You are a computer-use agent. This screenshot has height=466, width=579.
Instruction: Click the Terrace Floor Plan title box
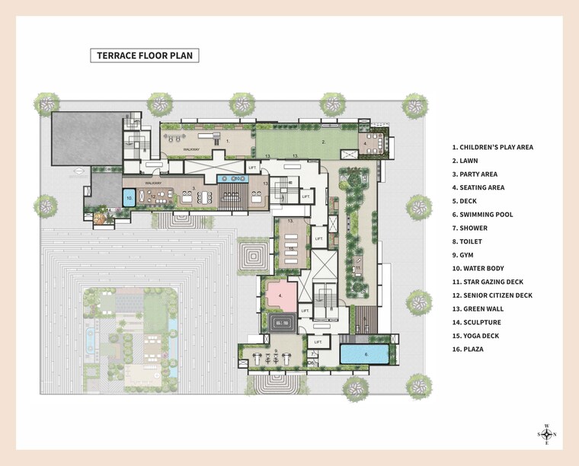(144, 56)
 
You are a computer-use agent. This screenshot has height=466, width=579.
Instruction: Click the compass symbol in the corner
(546, 433)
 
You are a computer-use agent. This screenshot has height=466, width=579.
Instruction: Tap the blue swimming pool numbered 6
(365, 354)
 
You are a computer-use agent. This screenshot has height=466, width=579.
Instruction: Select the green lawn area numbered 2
(305, 142)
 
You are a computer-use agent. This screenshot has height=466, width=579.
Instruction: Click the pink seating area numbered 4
(280, 295)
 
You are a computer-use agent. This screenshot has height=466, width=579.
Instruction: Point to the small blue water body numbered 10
(130, 197)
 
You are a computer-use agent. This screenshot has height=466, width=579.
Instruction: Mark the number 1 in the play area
(227, 141)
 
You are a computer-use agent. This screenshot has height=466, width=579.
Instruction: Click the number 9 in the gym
(276, 349)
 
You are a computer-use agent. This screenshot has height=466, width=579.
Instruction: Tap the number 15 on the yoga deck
(291, 248)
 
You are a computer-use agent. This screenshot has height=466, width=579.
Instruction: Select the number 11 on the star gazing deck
(357, 268)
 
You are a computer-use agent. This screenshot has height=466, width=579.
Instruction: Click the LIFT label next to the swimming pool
(318, 343)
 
